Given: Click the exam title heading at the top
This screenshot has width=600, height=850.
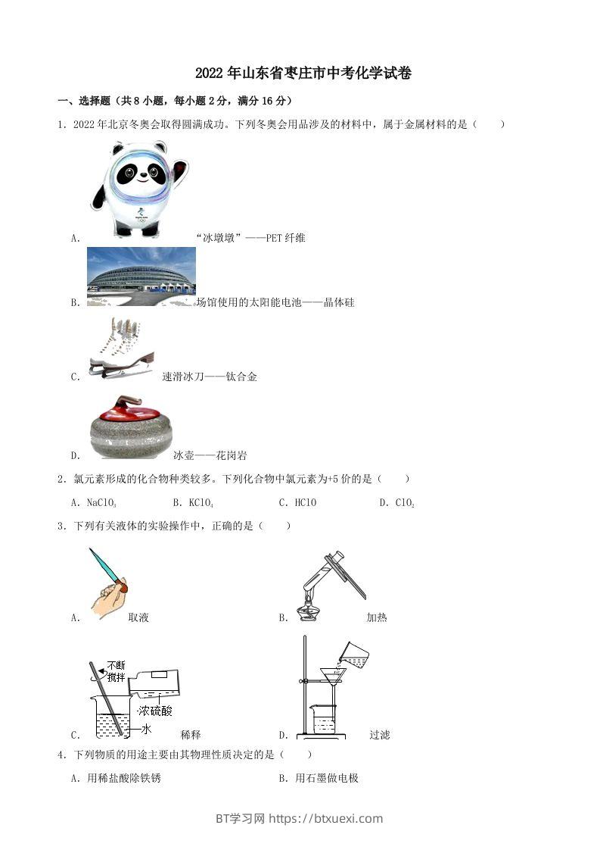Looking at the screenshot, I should click(303, 73).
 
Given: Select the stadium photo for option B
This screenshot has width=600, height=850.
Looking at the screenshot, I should click(141, 277).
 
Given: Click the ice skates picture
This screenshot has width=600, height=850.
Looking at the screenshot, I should click(121, 347).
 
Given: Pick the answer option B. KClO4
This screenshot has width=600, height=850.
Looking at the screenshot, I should click(193, 502).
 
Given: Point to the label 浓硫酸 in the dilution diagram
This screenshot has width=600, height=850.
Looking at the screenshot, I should click(155, 711).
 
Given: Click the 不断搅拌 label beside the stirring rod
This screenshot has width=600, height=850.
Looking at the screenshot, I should click(116, 671).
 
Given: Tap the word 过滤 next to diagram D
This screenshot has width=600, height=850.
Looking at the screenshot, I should click(379, 734).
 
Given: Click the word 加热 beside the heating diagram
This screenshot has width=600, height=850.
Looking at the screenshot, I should click(376, 617).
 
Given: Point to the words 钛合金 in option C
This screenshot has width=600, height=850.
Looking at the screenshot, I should click(241, 377).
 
